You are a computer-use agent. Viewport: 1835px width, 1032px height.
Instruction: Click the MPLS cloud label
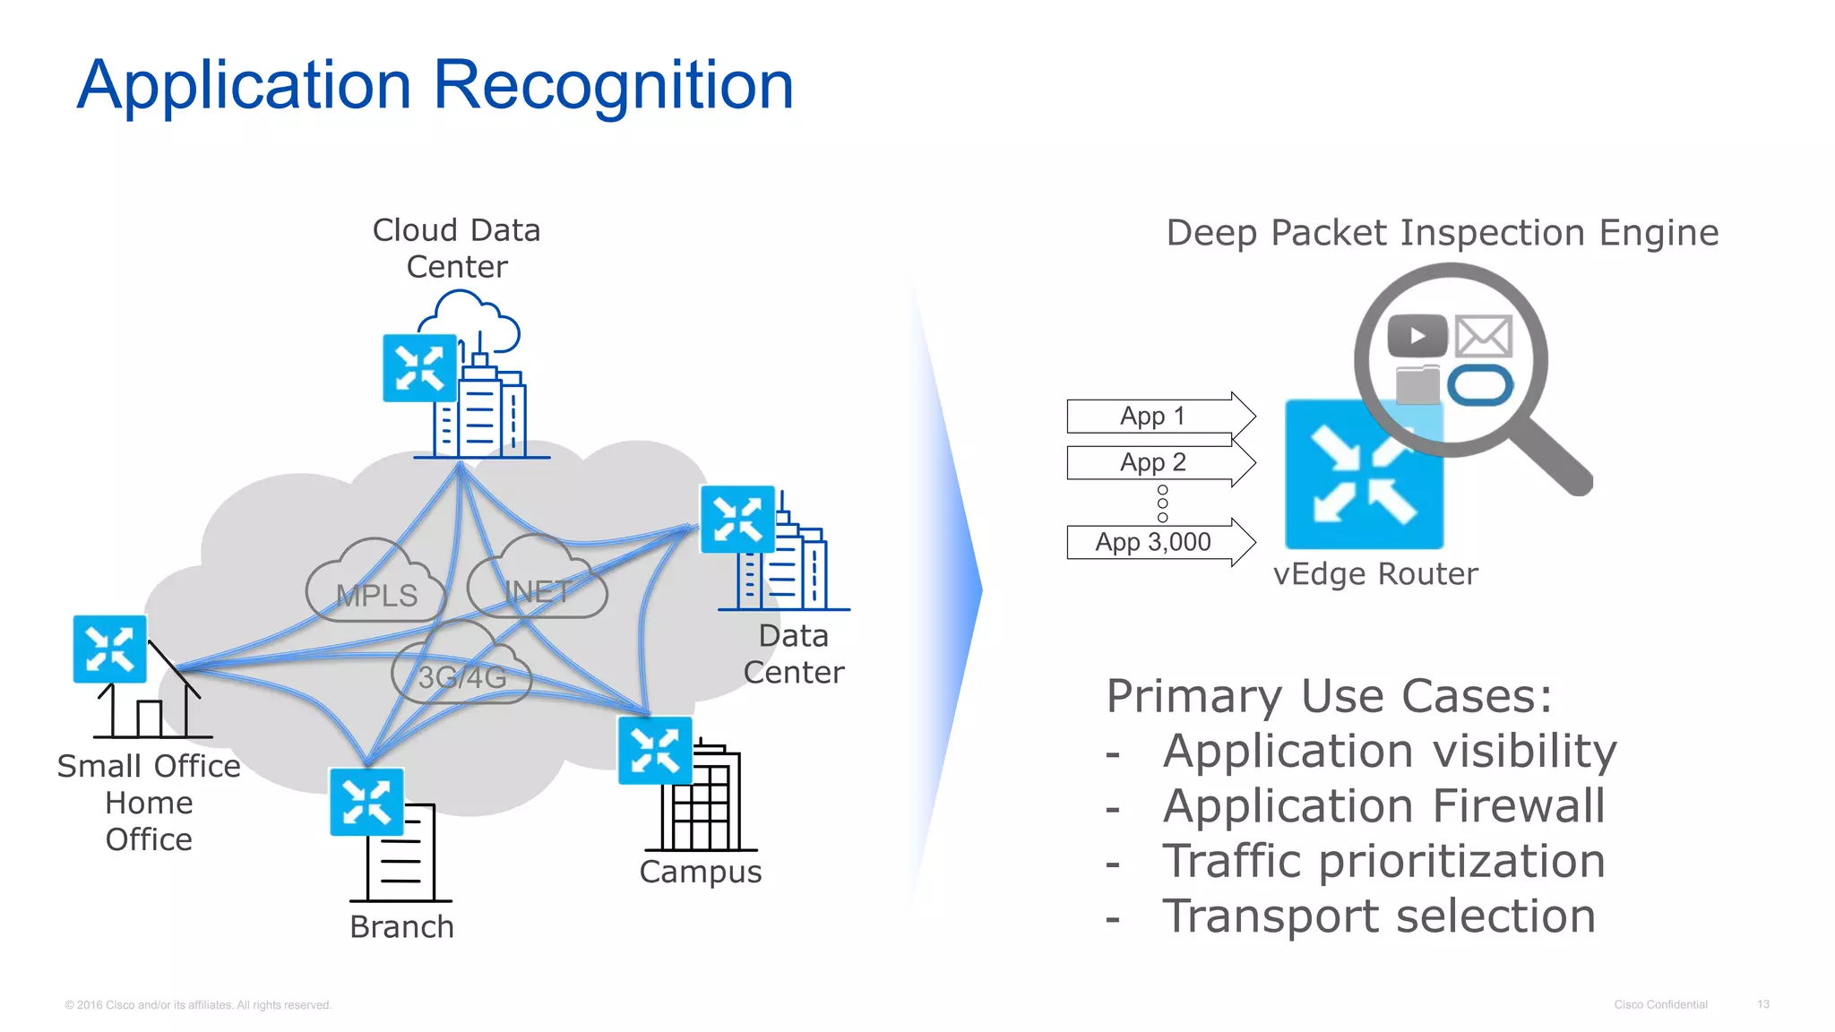point(376,596)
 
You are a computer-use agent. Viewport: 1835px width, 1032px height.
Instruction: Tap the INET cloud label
point(538,592)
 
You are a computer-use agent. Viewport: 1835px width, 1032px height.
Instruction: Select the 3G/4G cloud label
point(462,677)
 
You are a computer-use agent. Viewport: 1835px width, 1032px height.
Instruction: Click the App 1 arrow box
point(1156,417)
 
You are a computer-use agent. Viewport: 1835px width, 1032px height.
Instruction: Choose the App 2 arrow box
point(1156,462)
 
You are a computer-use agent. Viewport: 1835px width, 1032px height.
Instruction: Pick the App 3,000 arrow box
point(1156,542)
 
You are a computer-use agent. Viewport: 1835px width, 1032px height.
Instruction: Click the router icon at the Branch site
point(366,802)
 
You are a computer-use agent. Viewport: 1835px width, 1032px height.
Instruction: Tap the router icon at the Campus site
point(655,751)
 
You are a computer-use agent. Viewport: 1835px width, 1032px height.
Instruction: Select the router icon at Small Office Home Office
point(109,649)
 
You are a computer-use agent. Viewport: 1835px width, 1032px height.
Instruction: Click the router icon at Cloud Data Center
point(419,368)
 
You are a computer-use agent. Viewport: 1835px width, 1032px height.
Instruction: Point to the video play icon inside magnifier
point(1417,337)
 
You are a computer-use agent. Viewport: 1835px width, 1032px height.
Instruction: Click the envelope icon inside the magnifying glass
point(1483,337)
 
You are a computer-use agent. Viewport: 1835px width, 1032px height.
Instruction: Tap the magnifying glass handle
point(1555,457)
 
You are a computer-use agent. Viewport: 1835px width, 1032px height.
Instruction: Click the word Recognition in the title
point(614,85)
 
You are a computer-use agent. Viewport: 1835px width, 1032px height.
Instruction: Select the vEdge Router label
point(1375,574)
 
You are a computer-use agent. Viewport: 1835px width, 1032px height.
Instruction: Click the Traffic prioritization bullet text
point(1383,862)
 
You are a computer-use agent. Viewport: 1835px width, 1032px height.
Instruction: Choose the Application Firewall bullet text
point(1383,806)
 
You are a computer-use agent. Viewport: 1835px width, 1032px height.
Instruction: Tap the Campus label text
point(700,872)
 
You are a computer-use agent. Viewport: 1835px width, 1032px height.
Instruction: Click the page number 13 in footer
point(1762,1004)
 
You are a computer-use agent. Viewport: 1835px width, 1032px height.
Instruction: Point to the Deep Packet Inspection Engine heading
point(1442,233)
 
